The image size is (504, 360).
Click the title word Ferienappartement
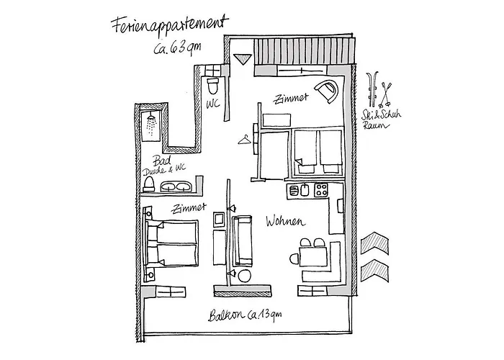pos(170,25)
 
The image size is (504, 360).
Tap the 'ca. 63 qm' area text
pos(177,48)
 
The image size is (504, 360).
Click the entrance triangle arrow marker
pos(242,59)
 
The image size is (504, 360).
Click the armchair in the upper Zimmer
pos(327,91)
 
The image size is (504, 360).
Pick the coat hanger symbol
pos(245,140)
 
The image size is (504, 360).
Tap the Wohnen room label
pos(285,222)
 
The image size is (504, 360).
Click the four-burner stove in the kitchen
pos(321,190)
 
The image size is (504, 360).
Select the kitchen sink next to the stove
pos(305,190)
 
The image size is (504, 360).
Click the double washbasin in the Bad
pos(175,186)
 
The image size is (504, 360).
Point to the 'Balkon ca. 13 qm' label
pos(245,315)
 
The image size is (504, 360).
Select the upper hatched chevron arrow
pos(375,243)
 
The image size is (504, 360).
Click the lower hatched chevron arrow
pos(375,271)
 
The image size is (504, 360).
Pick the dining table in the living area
pos(313,257)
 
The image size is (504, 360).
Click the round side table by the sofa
pos(245,276)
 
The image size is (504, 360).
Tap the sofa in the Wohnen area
pos(242,240)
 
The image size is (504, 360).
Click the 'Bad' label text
pos(162,161)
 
